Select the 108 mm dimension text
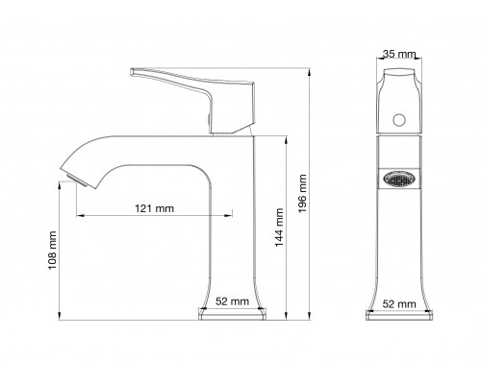click(x=54, y=252)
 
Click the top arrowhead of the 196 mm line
click(x=312, y=69)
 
